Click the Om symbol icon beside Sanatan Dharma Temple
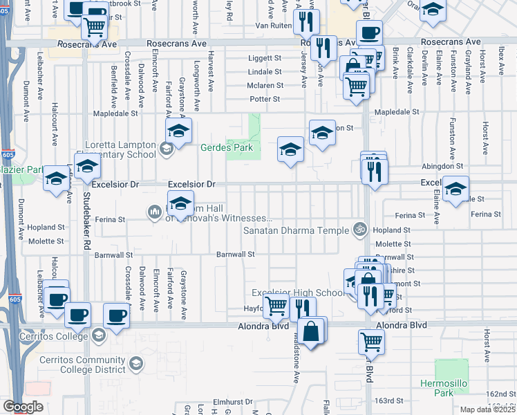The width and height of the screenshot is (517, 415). (359, 230)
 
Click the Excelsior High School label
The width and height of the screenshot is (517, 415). (297, 293)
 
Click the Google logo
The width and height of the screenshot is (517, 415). (23, 407)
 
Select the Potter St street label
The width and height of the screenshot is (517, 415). (265, 99)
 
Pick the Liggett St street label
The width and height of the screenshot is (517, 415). (265, 59)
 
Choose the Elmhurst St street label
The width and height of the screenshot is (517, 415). (230, 400)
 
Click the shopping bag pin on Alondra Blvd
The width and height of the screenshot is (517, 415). (312, 331)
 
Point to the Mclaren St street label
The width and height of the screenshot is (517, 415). (265, 86)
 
